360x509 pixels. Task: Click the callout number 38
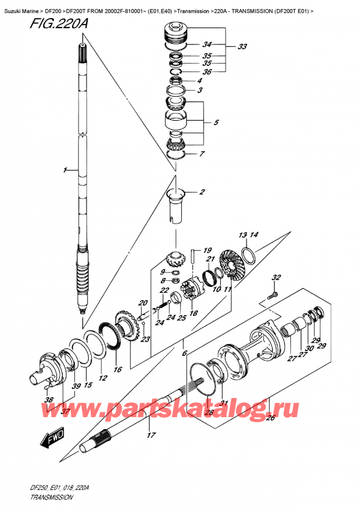[x=49, y=400]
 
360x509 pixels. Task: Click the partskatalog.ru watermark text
[x=198, y=410]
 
